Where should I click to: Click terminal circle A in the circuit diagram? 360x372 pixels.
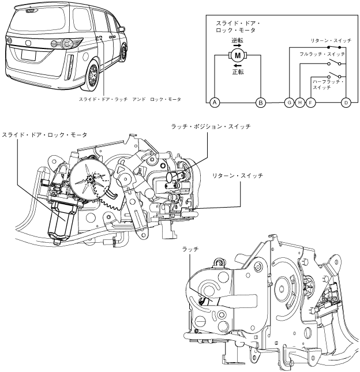(215, 102)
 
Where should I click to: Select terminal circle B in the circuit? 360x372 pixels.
(261, 102)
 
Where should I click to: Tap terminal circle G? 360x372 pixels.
(289, 102)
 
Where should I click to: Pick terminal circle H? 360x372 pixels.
(299, 102)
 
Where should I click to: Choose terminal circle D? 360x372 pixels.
(346, 102)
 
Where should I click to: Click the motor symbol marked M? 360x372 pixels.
(238, 55)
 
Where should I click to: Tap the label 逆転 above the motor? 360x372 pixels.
(238, 40)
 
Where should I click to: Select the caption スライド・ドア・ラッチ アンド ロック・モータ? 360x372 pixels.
(130, 99)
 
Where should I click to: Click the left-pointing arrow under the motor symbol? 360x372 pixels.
(237, 66)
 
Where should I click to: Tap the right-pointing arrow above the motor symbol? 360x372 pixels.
(237, 46)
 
